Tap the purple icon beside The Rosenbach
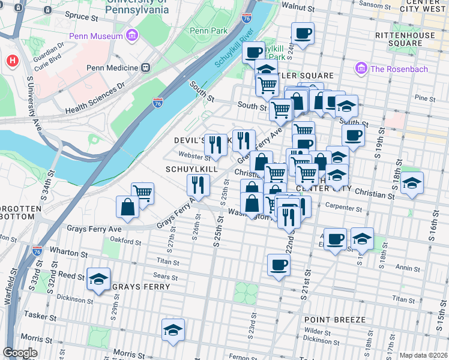(x=361, y=69)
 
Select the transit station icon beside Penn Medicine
(x=145, y=68)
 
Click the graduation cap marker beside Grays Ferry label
(x=98, y=279)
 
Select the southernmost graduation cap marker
(x=173, y=330)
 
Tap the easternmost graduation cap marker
(x=411, y=183)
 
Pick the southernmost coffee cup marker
(x=278, y=264)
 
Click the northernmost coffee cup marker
(x=303, y=33)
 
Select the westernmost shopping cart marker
(x=142, y=193)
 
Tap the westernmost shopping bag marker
(x=128, y=207)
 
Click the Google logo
(x=20, y=353)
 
